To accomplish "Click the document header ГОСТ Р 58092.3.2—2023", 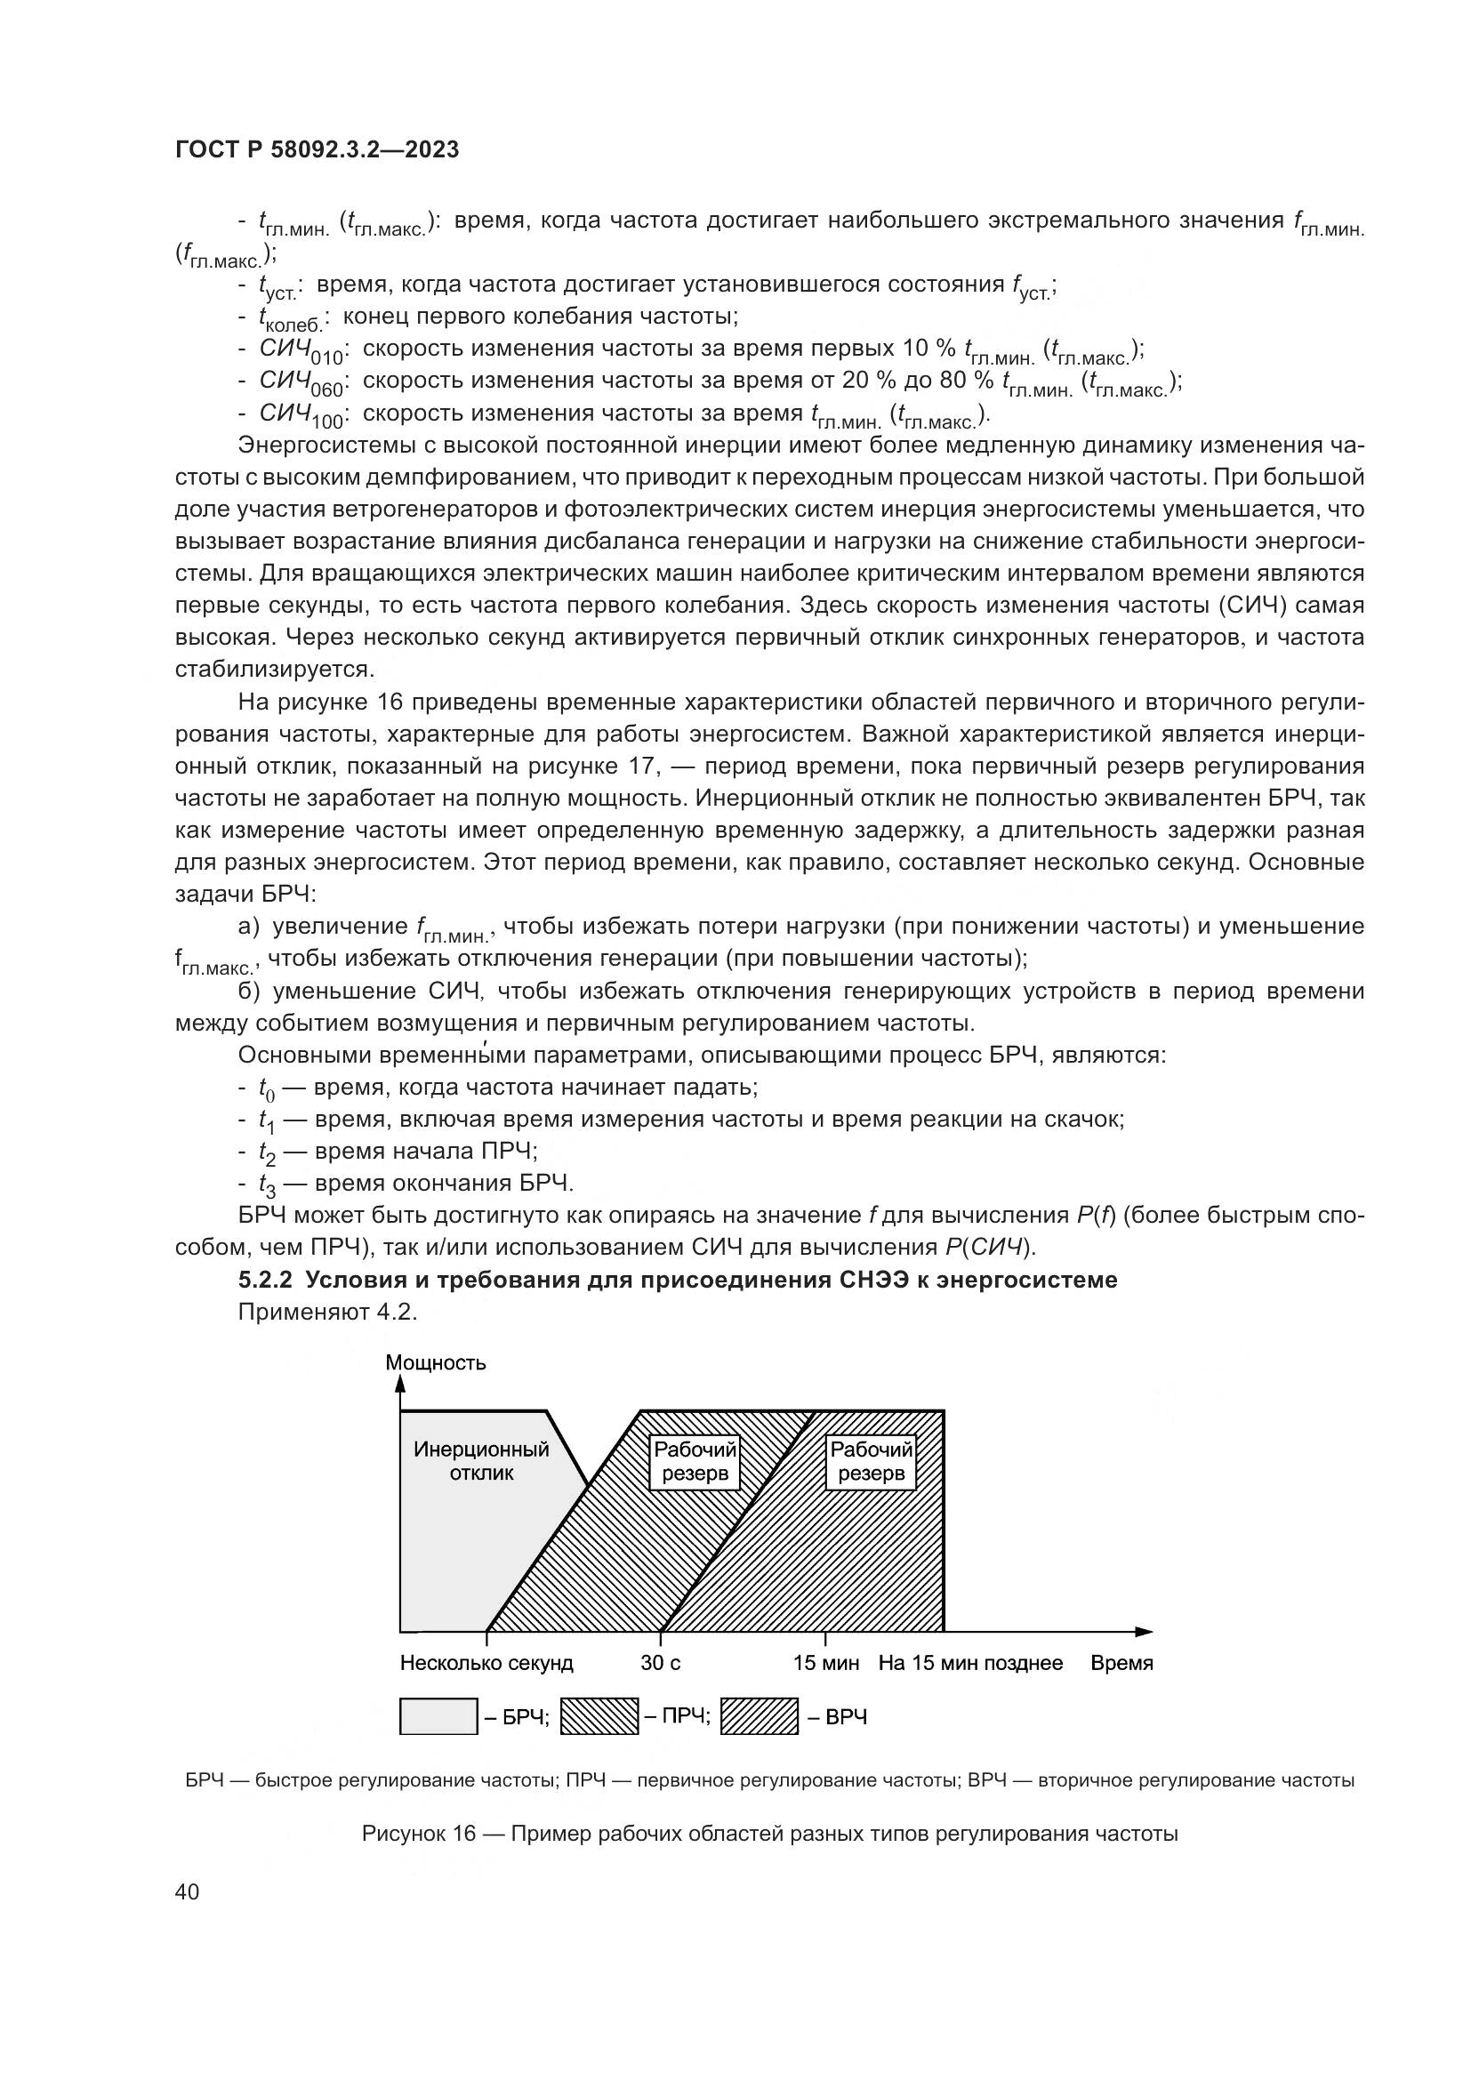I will click(x=317, y=150).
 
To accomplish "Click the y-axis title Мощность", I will click(x=435, y=1363).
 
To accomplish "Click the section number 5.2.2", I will click(x=265, y=1280).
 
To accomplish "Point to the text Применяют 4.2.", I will click(x=327, y=1312).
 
